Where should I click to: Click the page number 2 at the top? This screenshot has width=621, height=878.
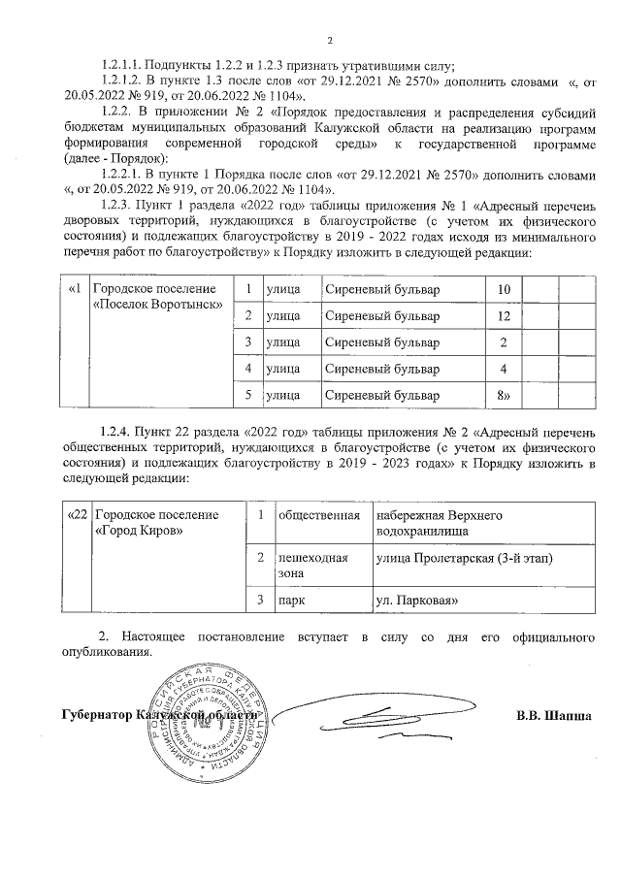coord(330,40)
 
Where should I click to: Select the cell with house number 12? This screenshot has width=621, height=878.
coord(503,317)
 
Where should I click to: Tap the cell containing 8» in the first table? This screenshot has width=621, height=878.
coord(503,396)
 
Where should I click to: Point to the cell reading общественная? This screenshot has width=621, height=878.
coord(313,514)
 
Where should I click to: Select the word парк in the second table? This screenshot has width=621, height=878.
coord(291,602)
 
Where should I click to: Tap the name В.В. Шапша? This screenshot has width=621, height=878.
coord(552,717)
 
